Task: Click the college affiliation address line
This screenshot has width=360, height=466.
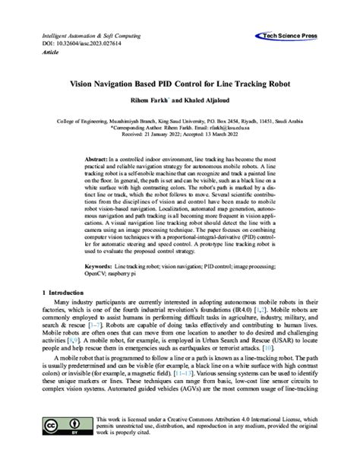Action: pos(180,122)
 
